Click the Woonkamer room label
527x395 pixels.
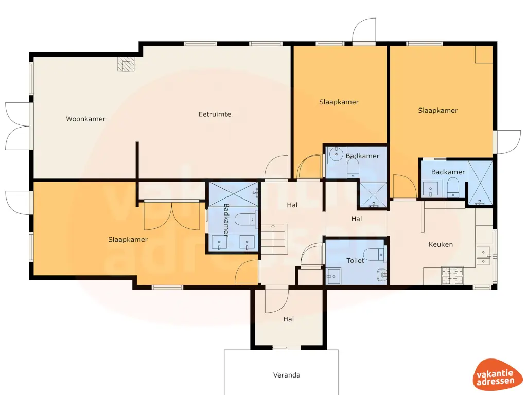[85, 119]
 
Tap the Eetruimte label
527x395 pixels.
[215, 114]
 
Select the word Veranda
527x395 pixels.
[287, 375]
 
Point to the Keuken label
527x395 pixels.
[441, 244]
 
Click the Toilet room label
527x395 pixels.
[355, 261]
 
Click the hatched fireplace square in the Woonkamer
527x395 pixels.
[125, 64]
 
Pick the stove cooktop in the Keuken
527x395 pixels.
[452, 275]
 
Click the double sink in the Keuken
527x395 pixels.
[483, 256]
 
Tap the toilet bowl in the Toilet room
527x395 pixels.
[372, 254]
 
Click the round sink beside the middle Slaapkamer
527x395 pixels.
[336, 153]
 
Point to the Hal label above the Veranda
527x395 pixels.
[288, 319]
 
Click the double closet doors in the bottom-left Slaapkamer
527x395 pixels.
[171, 216]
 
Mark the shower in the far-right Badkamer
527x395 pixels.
[480, 184]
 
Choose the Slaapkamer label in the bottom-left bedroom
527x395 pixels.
[128, 240]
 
